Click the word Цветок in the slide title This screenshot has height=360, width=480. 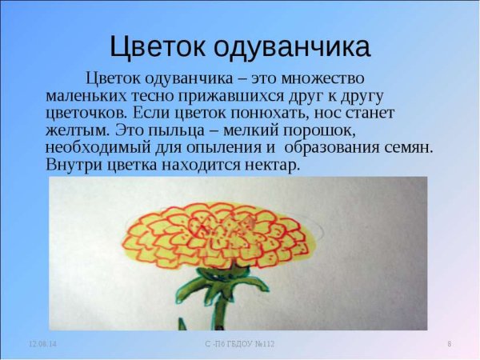click(x=157, y=47)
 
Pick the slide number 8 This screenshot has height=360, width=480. click(x=449, y=344)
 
